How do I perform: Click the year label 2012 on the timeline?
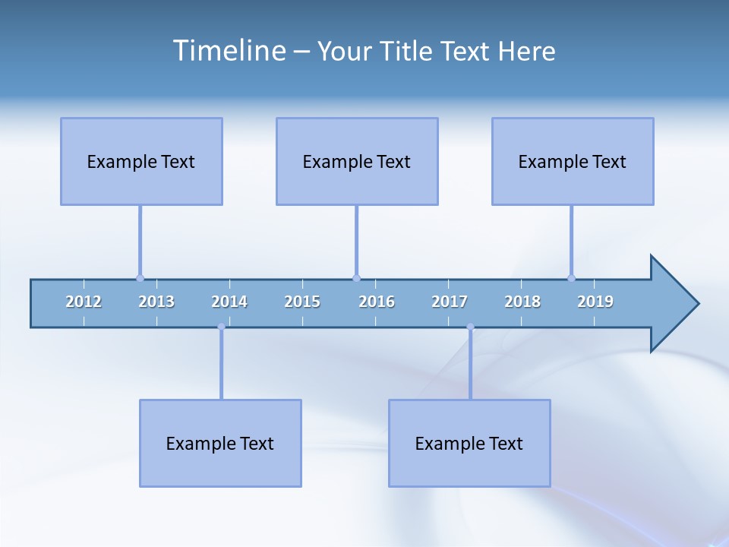click(x=84, y=302)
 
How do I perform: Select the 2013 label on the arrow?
click(x=156, y=302)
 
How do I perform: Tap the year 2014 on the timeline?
click(x=229, y=302)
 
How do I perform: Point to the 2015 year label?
click(x=302, y=302)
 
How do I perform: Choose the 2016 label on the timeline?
click(x=377, y=302)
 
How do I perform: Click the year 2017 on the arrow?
click(x=450, y=302)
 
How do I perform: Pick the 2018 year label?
click(x=522, y=302)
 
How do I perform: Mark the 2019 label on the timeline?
click(x=595, y=302)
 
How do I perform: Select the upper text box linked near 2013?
click(x=141, y=161)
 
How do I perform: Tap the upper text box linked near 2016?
click(x=357, y=161)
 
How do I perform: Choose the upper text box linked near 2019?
click(x=573, y=161)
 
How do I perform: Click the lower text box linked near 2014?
click(x=220, y=443)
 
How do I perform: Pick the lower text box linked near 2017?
click(x=469, y=443)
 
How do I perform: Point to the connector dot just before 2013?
click(x=140, y=278)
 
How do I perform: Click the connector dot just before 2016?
click(x=356, y=278)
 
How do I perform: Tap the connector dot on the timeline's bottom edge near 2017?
click(x=470, y=327)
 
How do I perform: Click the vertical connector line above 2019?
click(x=571, y=242)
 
